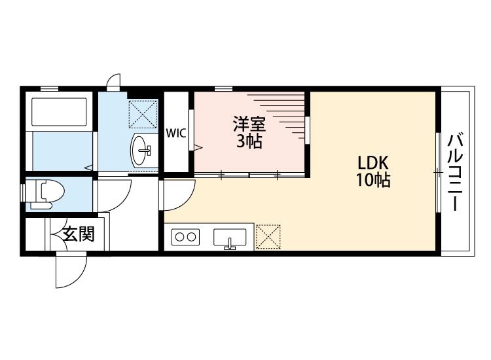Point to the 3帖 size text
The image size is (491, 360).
(x=249, y=141)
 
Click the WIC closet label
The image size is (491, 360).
(x=175, y=134)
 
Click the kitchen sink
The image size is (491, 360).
(x=230, y=238)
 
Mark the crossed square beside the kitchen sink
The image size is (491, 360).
(x=267, y=237)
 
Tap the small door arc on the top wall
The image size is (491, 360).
(x=114, y=82)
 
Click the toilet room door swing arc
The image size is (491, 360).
(x=116, y=194)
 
